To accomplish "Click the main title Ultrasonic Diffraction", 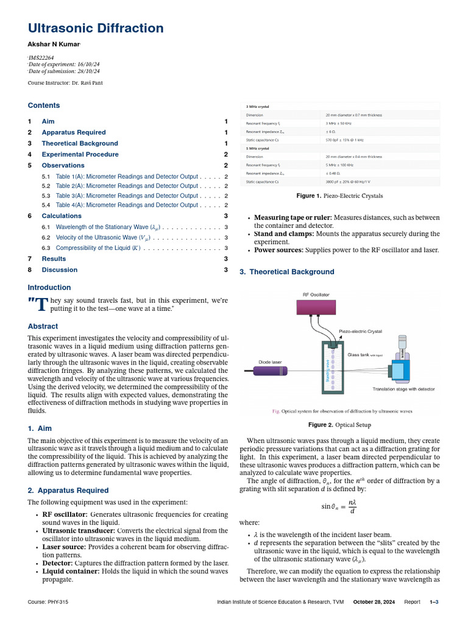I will coord(96,28).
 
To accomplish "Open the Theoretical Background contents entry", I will coord(80,143).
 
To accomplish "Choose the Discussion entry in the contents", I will coord(59,270).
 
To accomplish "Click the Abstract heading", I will coord(43,326).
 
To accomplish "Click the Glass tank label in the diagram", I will coord(364,354).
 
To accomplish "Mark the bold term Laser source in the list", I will coord(63,547).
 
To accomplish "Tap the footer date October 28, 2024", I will coord(374,602).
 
